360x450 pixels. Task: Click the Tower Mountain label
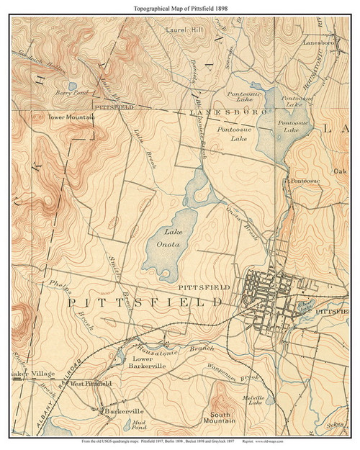point(71,116)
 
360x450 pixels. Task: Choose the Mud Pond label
point(140,425)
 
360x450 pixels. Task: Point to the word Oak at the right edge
point(340,171)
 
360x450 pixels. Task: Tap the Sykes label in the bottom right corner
point(330,426)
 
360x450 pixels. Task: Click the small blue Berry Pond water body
point(73,86)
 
